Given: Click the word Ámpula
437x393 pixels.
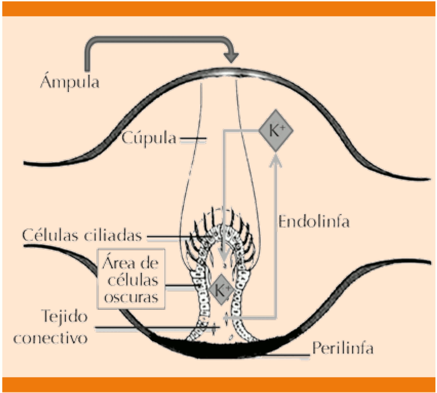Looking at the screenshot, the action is point(69,82).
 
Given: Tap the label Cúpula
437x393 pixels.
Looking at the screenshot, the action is point(149,138).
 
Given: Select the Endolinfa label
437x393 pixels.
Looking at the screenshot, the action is point(314,222).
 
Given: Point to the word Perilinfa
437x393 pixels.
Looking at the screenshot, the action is point(343,348).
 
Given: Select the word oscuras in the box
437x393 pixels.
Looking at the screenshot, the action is point(131,298).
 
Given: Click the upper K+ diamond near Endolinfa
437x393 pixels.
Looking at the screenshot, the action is point(276,131).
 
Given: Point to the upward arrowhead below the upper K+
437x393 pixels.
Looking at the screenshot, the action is point(276,158).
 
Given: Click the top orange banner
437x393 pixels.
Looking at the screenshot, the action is point(218,8).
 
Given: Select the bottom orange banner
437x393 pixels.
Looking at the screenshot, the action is point(218,384).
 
